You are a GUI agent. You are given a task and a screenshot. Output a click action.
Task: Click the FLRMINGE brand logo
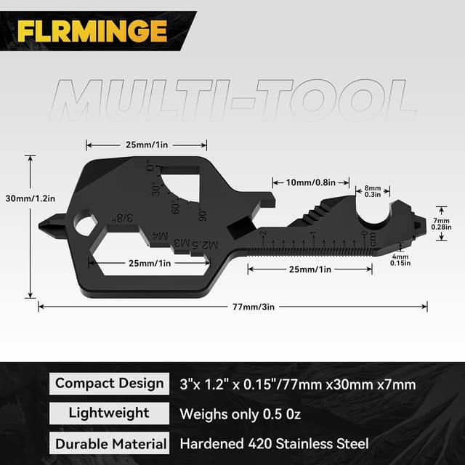pyautogui.click(x=92, y=30)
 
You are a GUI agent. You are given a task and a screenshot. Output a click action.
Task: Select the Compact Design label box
pyautogui.click(x=110, y=383)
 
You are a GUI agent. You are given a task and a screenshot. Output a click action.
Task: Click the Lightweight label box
pyautogui.click(x=110, y=413)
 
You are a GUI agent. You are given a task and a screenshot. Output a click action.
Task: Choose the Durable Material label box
pyautogui.click(x=110, y=442)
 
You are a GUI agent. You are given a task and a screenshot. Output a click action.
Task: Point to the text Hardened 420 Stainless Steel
pyautogui.click(x=274, y=442)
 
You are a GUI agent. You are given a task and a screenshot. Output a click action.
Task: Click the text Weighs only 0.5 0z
pyautogui.click(x=240, y=413)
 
